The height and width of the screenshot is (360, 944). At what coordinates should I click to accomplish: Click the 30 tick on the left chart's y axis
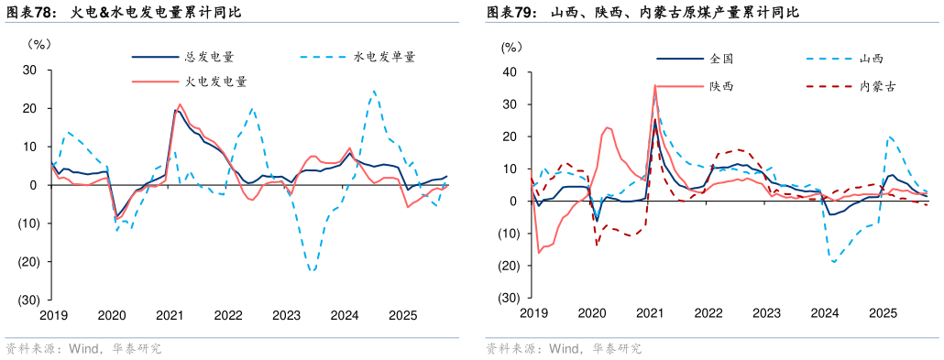(29, 70)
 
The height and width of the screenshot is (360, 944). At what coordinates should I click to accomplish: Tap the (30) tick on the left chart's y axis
(27, 300)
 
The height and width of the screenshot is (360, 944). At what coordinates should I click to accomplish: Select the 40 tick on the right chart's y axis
(511, 72)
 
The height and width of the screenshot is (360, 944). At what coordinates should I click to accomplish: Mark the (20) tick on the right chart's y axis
(509, 266)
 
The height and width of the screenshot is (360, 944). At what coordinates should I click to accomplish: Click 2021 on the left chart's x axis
(170, 315)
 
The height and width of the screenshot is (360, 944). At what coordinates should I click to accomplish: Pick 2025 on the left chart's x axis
(402, 315)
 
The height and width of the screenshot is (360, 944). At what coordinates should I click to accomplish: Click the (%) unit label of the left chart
(40, 42)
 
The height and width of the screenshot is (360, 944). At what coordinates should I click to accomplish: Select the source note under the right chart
(563, 348)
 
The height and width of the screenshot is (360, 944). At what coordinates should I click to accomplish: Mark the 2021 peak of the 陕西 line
(655, 85)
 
